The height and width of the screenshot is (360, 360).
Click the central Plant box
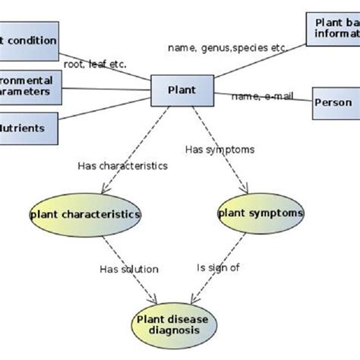182,90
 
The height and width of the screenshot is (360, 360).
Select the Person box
335,103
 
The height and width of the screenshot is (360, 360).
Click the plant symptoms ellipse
260,213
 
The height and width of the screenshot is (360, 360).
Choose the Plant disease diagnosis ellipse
172,324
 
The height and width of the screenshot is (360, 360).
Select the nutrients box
27,127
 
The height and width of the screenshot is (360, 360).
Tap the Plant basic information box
332,28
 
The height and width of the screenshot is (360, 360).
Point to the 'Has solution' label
129,268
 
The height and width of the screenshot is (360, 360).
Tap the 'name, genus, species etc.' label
227,47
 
